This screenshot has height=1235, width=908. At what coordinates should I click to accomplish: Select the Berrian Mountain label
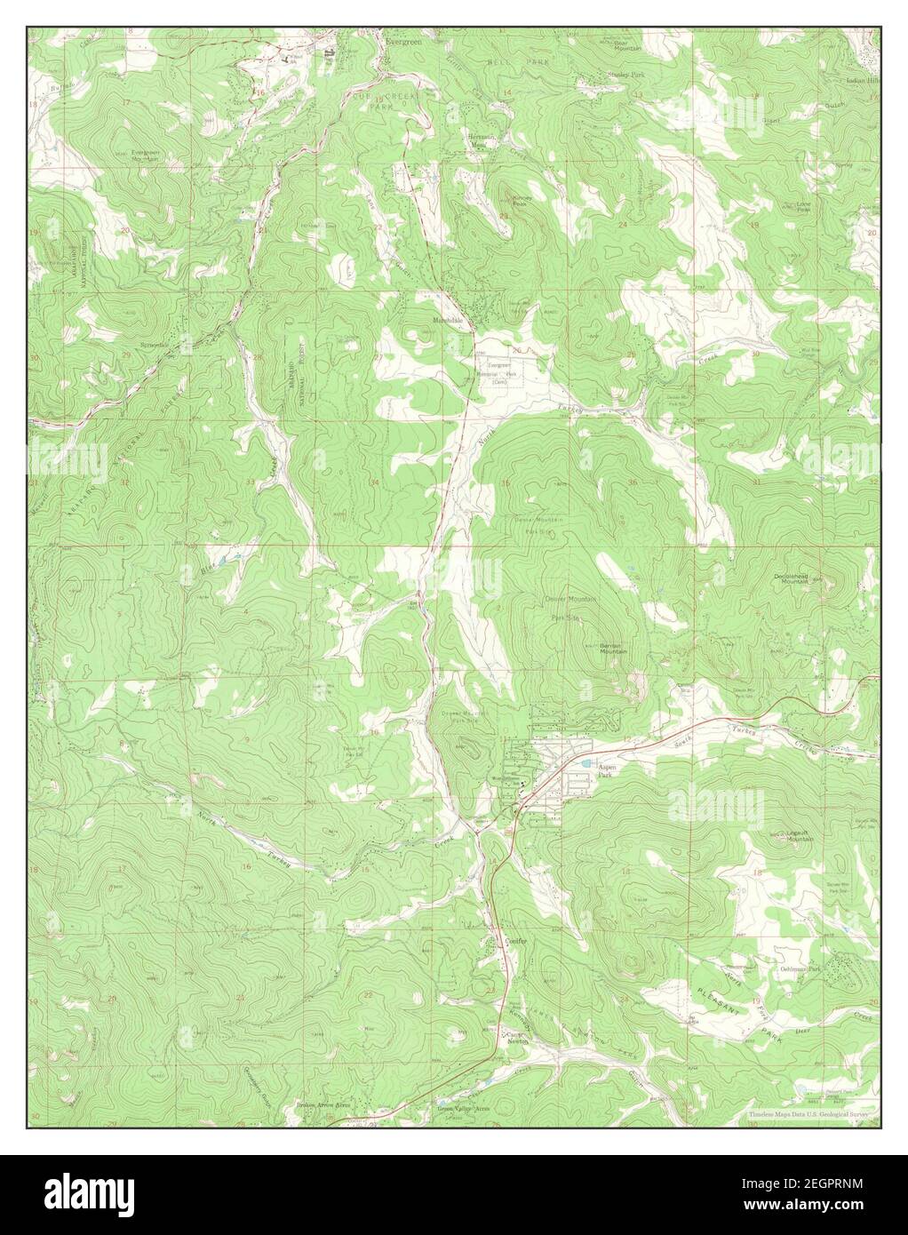pos(613,649)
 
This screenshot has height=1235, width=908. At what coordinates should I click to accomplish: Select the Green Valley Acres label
pos(463,1109)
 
